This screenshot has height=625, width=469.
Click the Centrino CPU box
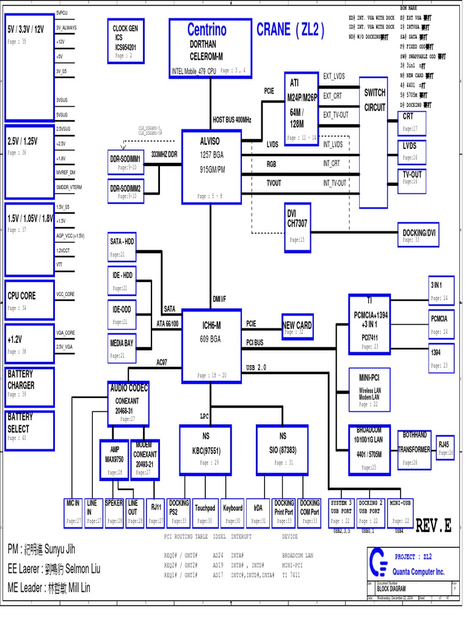[x=210, y=48]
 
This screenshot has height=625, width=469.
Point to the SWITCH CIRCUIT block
[x=374, y=143]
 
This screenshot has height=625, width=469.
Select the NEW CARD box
[x=297, y=327]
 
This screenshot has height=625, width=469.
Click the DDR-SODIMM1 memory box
[x=125, y=162]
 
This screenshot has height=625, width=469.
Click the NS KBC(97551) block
[x=205, y=450]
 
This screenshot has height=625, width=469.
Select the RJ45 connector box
[x=445, y=449]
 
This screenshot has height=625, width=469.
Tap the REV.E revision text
[x=433, y=526]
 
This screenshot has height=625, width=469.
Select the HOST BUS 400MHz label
[x=232, y=120]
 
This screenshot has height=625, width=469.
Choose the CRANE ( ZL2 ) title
[x=291, y=30]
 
